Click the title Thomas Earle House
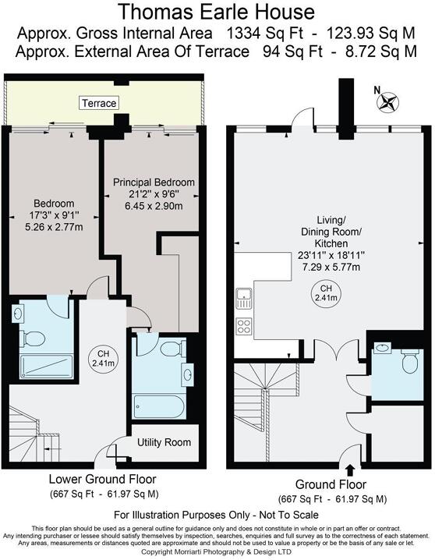coord(217,12)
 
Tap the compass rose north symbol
coord(388,100)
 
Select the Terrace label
coord(98,103)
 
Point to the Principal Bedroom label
coord(154,183)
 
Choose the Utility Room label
coord(164,442)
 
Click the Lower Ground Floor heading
coord(102,479)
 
